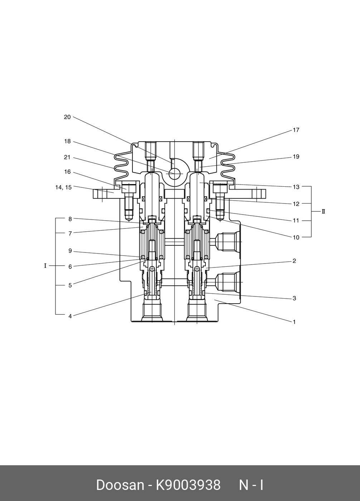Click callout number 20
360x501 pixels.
pos(67,117)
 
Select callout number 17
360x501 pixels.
pos(296,130)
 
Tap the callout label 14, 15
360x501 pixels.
pos(63,187)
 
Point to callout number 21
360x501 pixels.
pos(67,157)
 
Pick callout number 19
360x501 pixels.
pos(296,157)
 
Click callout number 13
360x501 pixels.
pos(296,187)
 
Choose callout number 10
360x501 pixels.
pos(296,237)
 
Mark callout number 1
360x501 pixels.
pos(294,322)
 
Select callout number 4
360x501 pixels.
pos(70,316)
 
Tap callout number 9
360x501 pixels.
pos(70,251)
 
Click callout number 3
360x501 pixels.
pos(294,298)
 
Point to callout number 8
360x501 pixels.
pos(70,219)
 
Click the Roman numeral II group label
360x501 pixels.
pos(323,211)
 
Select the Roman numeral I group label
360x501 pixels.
pos(45,266)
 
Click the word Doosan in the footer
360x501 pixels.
pos(120,485)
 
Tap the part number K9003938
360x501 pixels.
pos(188,485)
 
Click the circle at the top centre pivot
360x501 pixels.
pos(174,174)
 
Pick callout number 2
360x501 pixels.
pos(294,261)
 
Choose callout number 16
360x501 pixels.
pos(67,172)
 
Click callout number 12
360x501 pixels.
pos(296,204)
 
